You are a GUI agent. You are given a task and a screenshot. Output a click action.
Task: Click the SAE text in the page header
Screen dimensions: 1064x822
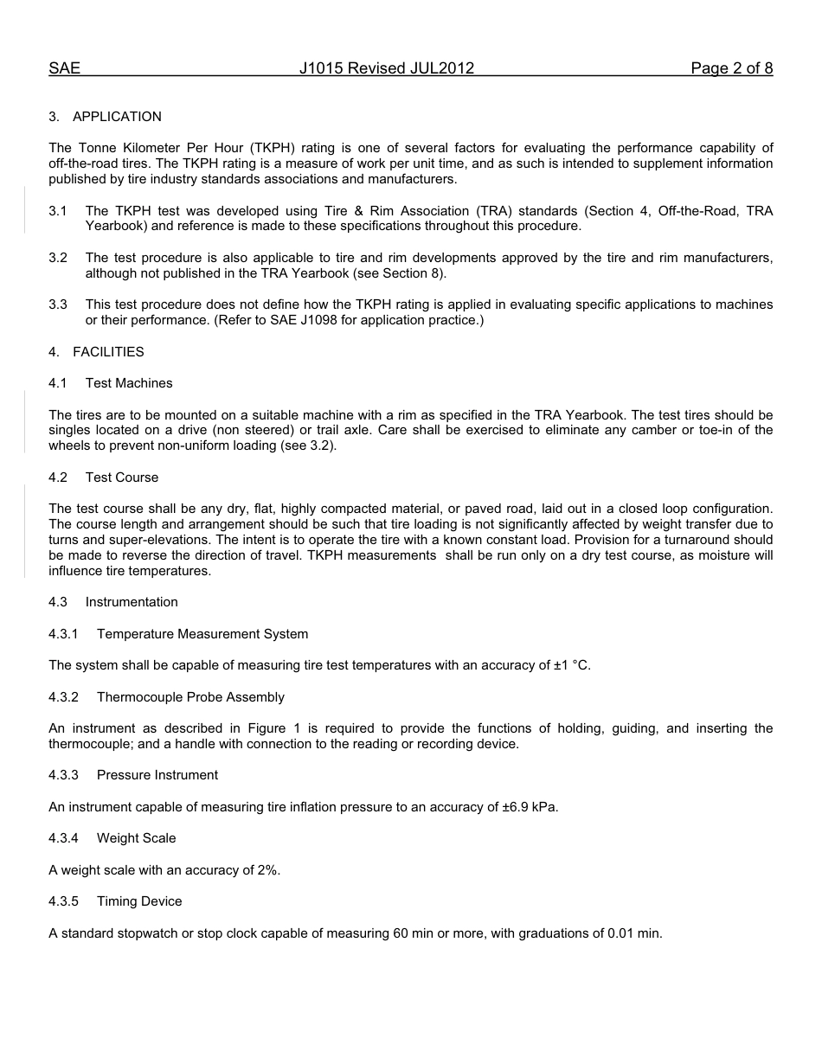64,68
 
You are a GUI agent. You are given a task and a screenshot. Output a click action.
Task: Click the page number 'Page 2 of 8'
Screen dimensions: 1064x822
731,68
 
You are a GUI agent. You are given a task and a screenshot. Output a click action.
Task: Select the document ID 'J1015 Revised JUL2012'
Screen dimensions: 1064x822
387,68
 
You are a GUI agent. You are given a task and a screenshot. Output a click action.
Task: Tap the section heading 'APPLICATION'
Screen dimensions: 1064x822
117,117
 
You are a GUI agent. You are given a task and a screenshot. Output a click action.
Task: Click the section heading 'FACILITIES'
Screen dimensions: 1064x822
108,352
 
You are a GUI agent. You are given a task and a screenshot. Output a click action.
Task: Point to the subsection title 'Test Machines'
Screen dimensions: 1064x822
129,383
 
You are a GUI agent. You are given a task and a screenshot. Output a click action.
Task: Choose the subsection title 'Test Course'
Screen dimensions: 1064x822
122,478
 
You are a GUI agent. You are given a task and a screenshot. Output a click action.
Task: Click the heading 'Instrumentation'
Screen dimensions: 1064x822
132,602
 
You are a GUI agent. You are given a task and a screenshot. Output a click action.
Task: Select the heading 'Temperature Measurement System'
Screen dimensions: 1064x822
202,634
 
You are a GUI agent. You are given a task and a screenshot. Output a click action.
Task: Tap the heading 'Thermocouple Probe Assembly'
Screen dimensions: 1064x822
190,697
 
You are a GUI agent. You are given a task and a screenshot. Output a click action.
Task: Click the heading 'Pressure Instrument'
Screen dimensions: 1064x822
157,775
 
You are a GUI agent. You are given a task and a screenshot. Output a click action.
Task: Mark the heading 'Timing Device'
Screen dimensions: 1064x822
139,901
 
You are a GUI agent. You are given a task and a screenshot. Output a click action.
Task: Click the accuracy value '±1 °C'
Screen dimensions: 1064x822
571,665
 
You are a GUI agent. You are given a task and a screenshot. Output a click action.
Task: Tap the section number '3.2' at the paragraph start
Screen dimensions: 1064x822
58,258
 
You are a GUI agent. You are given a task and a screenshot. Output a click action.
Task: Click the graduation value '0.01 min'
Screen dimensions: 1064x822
634,933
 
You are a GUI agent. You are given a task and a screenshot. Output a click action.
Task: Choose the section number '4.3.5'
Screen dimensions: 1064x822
63,901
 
